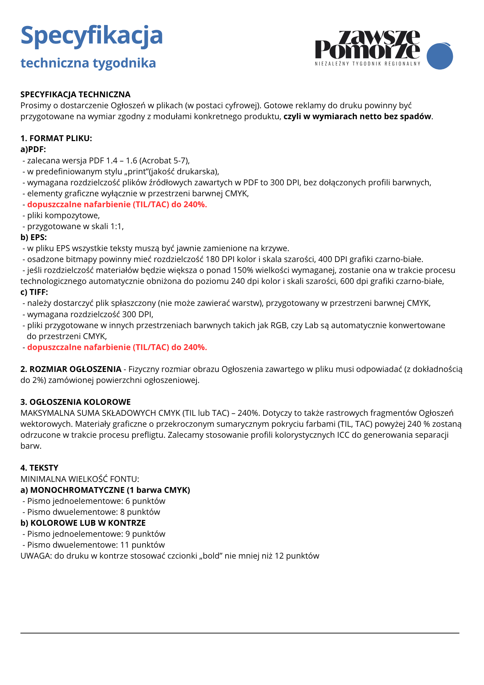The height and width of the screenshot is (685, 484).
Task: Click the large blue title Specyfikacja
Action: click(x=91, y=36)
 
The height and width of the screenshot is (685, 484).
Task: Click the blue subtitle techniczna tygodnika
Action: click(x=88, y=63)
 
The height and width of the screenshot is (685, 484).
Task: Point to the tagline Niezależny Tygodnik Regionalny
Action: click(x=367, y=64)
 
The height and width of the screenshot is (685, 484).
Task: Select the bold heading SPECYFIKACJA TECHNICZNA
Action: click(x=75, y=95)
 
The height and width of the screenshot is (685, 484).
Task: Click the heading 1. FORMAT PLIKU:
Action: click(x=56, y=138)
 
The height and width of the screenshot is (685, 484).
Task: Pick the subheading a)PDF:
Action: click(x=33, y=149)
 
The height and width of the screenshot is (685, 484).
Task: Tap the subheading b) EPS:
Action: click(x=34, y=237)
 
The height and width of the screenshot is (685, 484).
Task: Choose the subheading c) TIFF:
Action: click(x=34, y=292)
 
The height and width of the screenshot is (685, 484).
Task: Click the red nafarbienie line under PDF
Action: click(x=117, y=204)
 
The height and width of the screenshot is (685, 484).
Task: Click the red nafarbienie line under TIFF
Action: click(x=117, y=347)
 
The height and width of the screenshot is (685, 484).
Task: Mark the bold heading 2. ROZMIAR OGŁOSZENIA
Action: click(x=71, y=369)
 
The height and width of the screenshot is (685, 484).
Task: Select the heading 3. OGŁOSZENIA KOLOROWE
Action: click(x=75, y=402)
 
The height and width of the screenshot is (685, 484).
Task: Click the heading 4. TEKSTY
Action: click(x=39, y=468)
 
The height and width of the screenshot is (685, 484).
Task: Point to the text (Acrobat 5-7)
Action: click(x=164, y=161)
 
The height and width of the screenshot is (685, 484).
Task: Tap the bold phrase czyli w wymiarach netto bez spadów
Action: click(x=357, y=116)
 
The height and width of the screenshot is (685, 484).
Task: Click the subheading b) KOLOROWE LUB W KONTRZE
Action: click(x=83, y=523)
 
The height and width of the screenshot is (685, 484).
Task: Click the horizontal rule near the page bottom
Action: click(x=240, y=633)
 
